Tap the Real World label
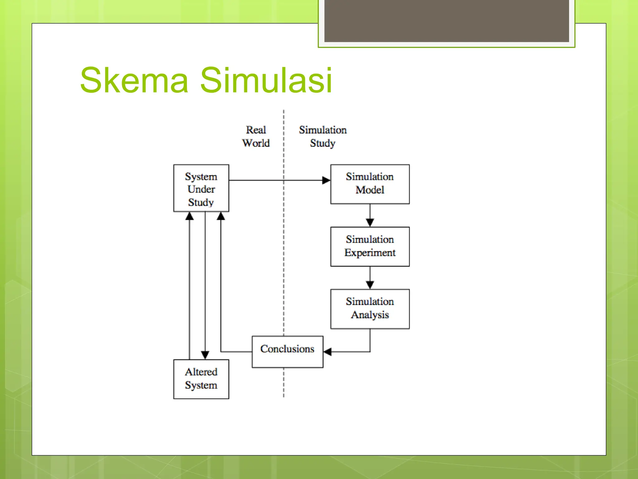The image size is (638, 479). tap(256, 136)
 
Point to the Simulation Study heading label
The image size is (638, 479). tap(323, 136)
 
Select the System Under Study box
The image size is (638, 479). tap(201, 188)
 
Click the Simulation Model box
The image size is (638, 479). tap(370, 184)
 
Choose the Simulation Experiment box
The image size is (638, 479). tap(370, 246)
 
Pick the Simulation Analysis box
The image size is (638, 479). tap(370, 309)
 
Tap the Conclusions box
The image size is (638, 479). tap(287, 351)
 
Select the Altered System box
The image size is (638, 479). tap(201, 379)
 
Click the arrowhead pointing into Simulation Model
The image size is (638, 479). tap(326, 180)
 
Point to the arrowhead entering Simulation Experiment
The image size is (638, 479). tap(370, 222)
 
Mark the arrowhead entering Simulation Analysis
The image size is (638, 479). tap(370, 285)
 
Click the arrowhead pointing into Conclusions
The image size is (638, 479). tap(327, 352)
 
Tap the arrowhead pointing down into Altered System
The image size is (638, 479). tap(205, 355)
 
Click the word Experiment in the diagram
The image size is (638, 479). tap(370, 253)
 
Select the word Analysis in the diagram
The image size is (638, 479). tap(370, 315)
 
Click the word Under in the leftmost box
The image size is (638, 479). tap(201, 189)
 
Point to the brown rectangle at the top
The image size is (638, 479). tap(446, 21)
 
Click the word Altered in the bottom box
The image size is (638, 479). tap(201, 372)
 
